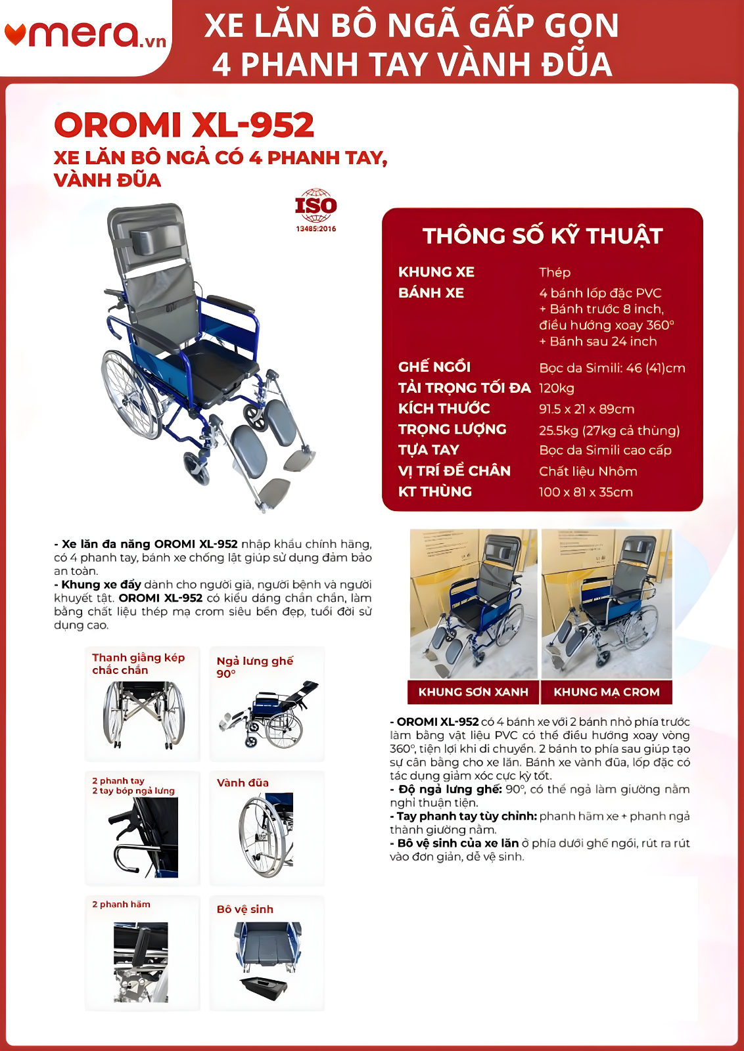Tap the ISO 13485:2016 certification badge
pyautogui.click(x=315, y=209)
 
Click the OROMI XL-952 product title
pyautogui.click(x=184, y=125)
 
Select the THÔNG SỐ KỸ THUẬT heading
pyautogui.click(x=542, y=236)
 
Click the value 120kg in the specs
pyautogui.click(x=556, y=388)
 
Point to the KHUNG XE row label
pyautogui.click(x=436, y=272)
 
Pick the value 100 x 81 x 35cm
pyautogui.click(x=586, y=492)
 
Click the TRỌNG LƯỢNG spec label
pyautogui.click(x=452, y=430)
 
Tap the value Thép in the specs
pyautogui.click(x=555, y=272)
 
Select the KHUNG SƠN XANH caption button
pyautogui.click(x=473, y=692)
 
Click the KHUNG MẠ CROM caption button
pyautogui.click(x=606, y=692)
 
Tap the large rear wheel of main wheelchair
pyautogui.click(x=131, y=394)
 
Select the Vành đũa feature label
pyautogui.click(x=243, y=783)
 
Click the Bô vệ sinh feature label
pyautogui.click(x=244, y=909)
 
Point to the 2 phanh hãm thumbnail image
pyautogui.click(x=141, y=962)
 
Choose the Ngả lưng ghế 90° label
pyautogui.click(x=254, y=667)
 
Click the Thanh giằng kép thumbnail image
pyautogui.click(x=143, y=715)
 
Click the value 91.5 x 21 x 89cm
pyautogui.click(x=586, y=409)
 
